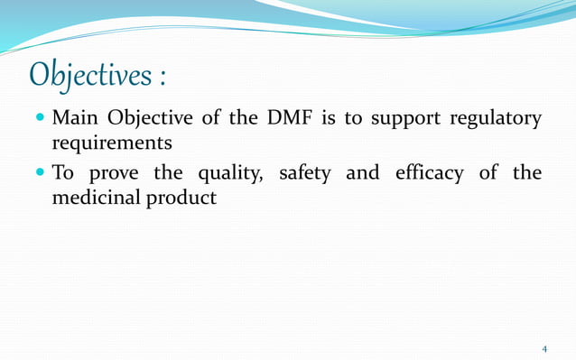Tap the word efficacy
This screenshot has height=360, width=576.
point(430,173)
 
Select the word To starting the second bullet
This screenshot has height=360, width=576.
point(64,172)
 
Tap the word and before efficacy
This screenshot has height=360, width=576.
point(362,172)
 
